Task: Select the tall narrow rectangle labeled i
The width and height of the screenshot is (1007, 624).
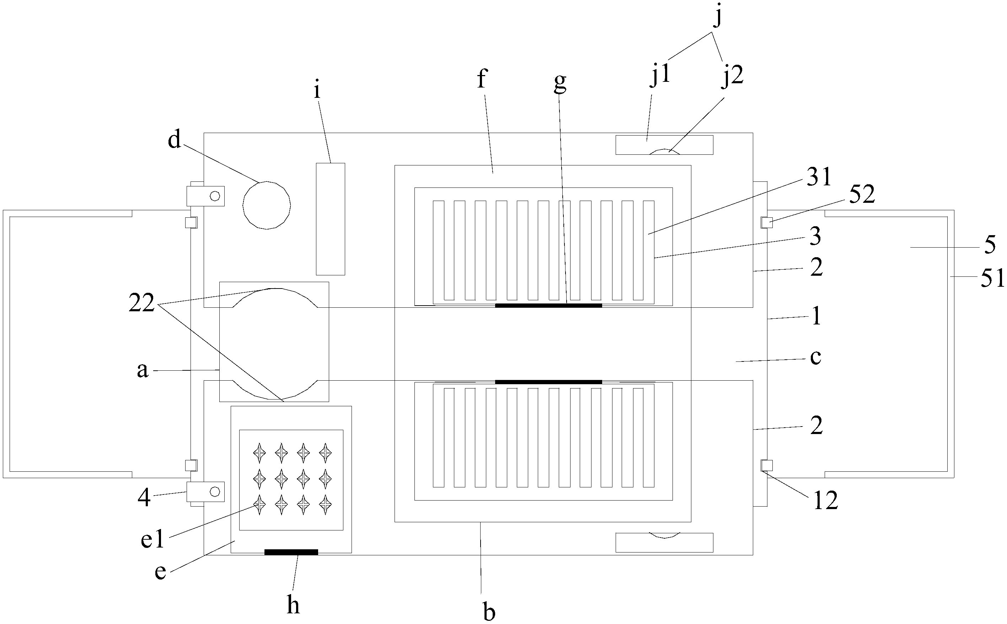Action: coord(330,219)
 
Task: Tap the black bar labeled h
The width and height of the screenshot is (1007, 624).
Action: coord(291,552)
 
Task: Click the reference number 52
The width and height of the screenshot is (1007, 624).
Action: coord(862,194)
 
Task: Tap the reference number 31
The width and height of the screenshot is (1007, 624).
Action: coord(819,178)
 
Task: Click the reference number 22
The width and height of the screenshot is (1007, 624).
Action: coord(141,303)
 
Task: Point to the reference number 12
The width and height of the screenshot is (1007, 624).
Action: coord(826,500)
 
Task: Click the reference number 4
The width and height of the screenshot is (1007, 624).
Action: coord(144,498)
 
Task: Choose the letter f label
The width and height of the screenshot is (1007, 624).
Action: coord(482,78)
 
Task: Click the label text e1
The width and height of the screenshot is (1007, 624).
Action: coord(152,539)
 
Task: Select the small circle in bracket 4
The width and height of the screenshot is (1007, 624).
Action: coord(215,491)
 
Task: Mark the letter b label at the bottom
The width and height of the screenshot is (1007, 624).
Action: coord(489,612)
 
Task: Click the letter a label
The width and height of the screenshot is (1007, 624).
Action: coord(142,370)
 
